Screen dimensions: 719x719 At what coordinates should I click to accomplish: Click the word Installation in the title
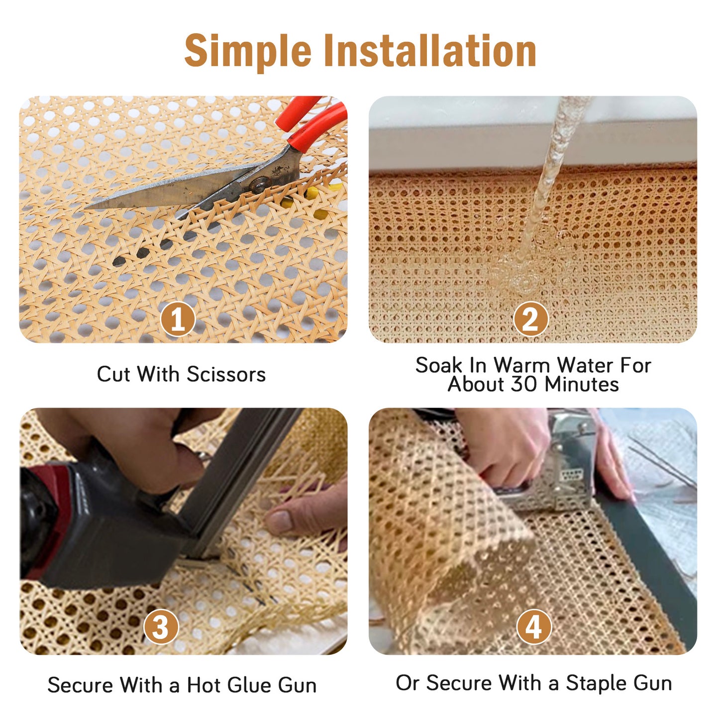[x=430, y=50]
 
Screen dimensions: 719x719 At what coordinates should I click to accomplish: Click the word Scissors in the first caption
[x=226, y=374]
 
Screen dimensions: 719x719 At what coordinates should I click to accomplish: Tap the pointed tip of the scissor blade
[x=88, y=206]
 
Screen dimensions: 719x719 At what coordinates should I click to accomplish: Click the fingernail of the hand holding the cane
[x=278, y=520]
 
